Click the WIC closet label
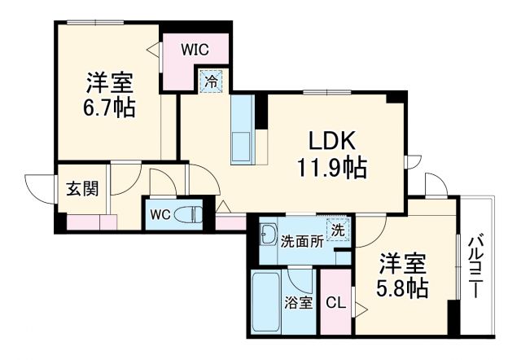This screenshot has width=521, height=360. point(195,49)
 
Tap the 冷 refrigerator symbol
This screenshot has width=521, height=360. point(211,81)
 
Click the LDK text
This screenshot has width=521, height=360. point(330,138)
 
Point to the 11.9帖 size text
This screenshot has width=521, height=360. point(330,168)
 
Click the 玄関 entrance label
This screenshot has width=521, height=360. point(81,191)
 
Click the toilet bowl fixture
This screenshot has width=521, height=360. point(190,216)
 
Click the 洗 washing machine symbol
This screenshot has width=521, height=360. point(336,230)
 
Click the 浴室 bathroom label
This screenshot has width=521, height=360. point(298,304)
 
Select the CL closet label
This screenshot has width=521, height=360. point(335,304)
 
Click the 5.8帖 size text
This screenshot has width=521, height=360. point(402,288)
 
